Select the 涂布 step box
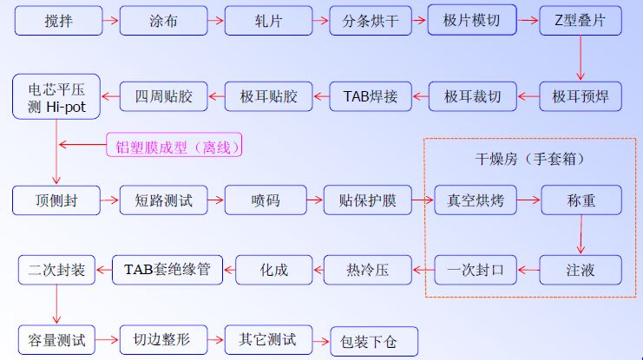click(x=162, y=22)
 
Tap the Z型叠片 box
click(x=580, y=21)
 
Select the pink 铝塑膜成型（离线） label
click(x=174, y=146)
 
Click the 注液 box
click(x=581, y=270)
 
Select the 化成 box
click(x=267, y=270)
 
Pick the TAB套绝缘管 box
click(x=168, y=269)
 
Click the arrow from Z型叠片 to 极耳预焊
click(x=581, y=60)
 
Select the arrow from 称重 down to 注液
click(x=581, y=236)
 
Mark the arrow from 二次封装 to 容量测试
click(x=56, y=304)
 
